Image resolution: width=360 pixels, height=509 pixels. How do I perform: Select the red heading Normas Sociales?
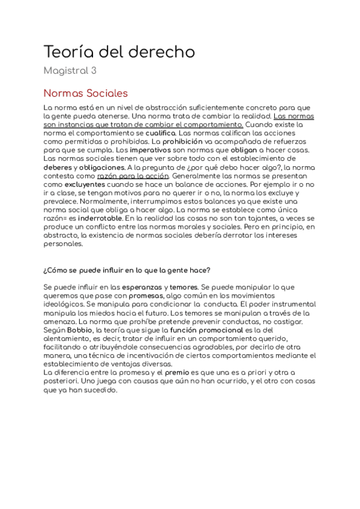click(86, 94)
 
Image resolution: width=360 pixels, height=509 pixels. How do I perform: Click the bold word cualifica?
click(161, 133)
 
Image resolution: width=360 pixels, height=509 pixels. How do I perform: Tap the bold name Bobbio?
click(79, 330)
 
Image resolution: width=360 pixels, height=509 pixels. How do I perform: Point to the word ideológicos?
click(64, 304)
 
